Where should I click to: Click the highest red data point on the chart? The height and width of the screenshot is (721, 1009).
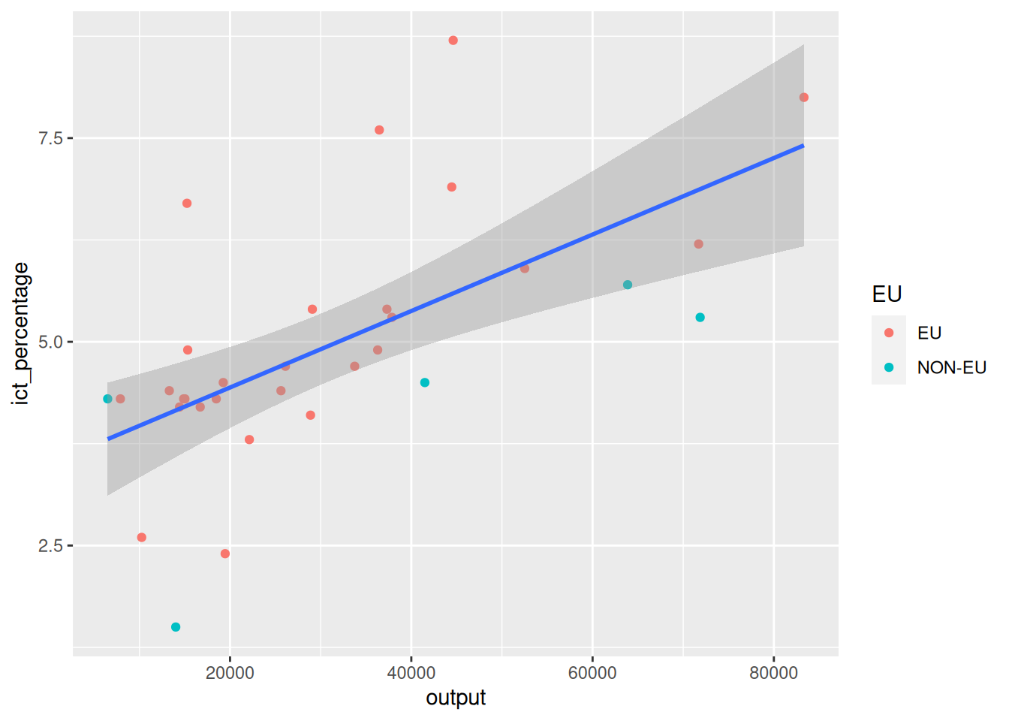[x=453, y=41]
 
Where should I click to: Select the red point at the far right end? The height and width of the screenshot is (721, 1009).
[x=804, y=98]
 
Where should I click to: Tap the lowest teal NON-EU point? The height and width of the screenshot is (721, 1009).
[x=176, y=627]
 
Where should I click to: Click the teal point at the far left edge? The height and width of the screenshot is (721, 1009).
[x=107, y=399]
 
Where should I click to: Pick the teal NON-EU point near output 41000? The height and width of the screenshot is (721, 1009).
[x=425, y=383]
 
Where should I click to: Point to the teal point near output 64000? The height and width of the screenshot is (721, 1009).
[x=628, y=285]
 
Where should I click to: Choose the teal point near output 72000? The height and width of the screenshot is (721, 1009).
[x=700, y=318]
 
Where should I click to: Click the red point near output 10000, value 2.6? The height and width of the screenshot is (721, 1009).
[x=142, y=538]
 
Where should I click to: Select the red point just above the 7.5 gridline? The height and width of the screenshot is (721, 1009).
[x=379, y=130]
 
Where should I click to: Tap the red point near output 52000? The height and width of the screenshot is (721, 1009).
[x=525, y=268]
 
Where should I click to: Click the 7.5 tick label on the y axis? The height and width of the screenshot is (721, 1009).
[x=50, y=138]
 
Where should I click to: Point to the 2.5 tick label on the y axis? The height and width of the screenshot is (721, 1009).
[x=50, y=546]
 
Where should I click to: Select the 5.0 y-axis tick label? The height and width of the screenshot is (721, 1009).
[x=50, y=342]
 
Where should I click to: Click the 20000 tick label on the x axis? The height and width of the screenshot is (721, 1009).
[x=230, y=673]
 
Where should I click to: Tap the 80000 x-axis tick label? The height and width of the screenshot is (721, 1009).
[x=773, y=673]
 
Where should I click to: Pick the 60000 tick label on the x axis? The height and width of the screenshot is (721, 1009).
[x=592, y=673]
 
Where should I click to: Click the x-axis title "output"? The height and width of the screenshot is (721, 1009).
[x=456, y=698]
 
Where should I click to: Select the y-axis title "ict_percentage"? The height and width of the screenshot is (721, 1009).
[x=20, y=333]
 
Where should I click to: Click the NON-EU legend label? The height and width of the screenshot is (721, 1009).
[x=951, y=368]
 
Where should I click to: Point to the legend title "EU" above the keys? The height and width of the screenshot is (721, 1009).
[x=887, y=294]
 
